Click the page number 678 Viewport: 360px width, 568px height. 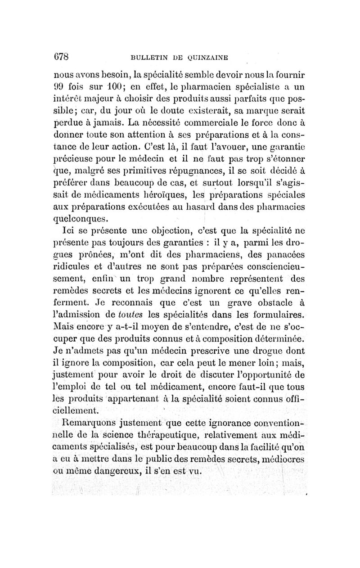[x=63, y=56]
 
